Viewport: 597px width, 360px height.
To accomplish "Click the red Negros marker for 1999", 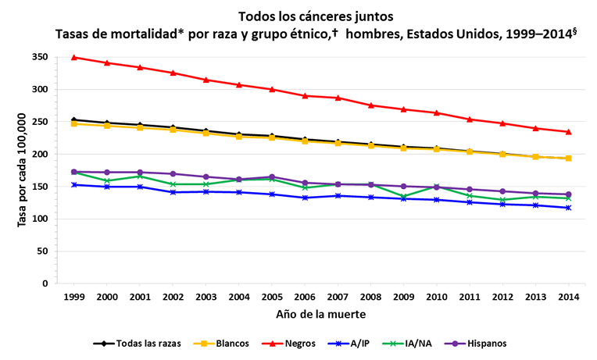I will pyautogui.click(x=74, y=57).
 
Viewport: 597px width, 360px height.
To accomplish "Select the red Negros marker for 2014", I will pyautogui.click(x=568, y=132).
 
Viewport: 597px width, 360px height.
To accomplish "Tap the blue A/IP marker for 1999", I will pyautogui.click(x=74, y=185).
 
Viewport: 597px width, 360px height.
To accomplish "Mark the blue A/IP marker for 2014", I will pyautogui.click(x=568, y=208).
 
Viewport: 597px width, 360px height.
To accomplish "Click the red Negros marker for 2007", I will pyautogui.click(x=338, y=98).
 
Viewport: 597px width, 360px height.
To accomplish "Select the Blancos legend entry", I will pyautogui.click(x=228, y=343).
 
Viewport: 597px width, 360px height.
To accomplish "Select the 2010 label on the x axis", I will pyautogui.click(x=436, y=297).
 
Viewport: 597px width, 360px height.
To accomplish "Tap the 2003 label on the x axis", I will pyautogui.click(x=206, y=297).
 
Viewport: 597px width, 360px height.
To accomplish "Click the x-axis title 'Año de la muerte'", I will pyautogui.click(x=320, y=314).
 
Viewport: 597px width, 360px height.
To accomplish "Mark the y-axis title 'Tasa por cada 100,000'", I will pyautogui.click(x=22, y=170).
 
